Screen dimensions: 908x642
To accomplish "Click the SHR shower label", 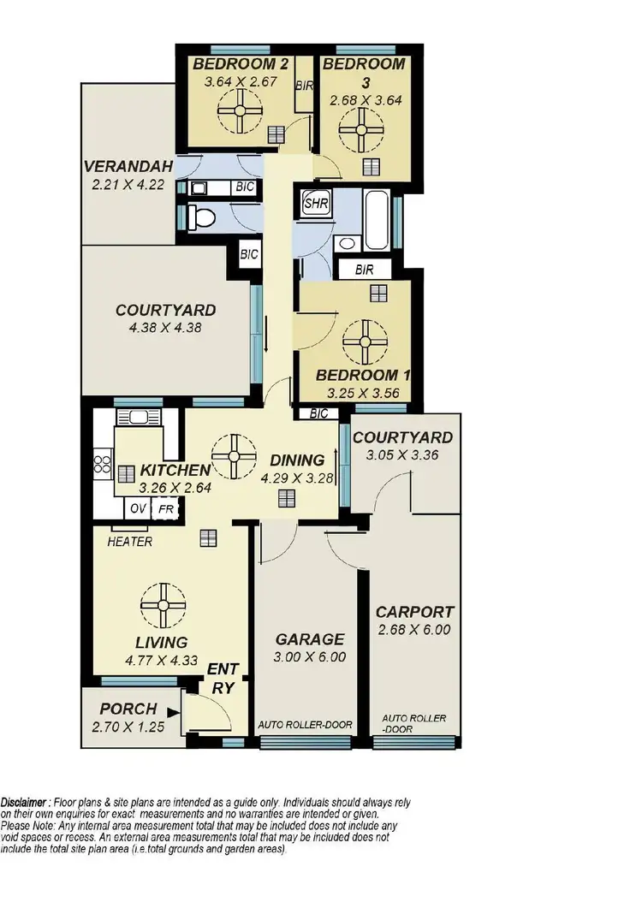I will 312,205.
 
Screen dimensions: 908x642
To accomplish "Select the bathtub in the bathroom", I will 377,221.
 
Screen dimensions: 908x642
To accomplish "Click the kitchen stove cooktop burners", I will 103,465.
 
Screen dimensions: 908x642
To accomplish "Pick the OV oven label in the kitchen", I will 138,508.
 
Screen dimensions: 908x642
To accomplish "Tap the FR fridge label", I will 164,508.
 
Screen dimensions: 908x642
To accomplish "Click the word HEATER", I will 130,542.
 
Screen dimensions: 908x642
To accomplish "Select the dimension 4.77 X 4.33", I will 162,660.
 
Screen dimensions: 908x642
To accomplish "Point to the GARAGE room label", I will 309,639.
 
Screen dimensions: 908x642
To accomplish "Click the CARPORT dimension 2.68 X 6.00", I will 414,631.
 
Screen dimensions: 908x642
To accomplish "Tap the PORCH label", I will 128,709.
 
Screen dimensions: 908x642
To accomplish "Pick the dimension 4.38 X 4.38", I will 166,326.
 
